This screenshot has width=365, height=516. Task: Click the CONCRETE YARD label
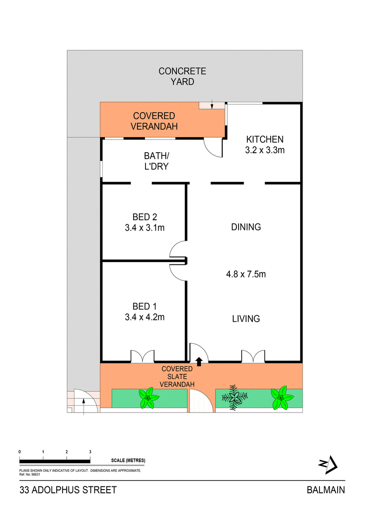182,77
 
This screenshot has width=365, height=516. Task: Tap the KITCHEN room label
265,139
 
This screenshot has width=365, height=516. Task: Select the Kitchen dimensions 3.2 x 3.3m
265,150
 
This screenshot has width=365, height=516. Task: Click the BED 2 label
144,217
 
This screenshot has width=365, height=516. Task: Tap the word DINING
245,227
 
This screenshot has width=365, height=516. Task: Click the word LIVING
245,319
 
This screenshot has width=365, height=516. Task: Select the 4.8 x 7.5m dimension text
245,274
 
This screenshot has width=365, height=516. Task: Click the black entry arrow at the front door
199,361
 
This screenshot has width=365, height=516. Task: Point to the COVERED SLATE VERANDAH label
178,376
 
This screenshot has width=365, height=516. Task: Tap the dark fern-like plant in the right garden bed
234,397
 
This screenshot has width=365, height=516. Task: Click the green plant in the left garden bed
148,398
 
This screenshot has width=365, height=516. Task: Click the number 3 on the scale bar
90,452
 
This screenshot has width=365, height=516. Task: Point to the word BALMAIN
325,490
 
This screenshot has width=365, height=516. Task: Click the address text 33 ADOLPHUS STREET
68,490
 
